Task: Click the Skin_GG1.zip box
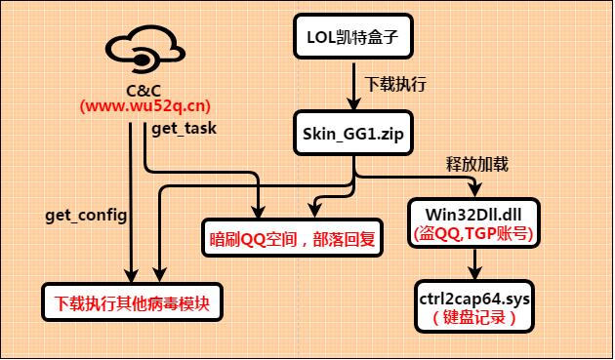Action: [x=353, y=133]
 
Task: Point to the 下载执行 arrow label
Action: [x=394, y=85]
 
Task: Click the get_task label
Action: [x=184, y=127]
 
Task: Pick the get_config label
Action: [x=86, y=213]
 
